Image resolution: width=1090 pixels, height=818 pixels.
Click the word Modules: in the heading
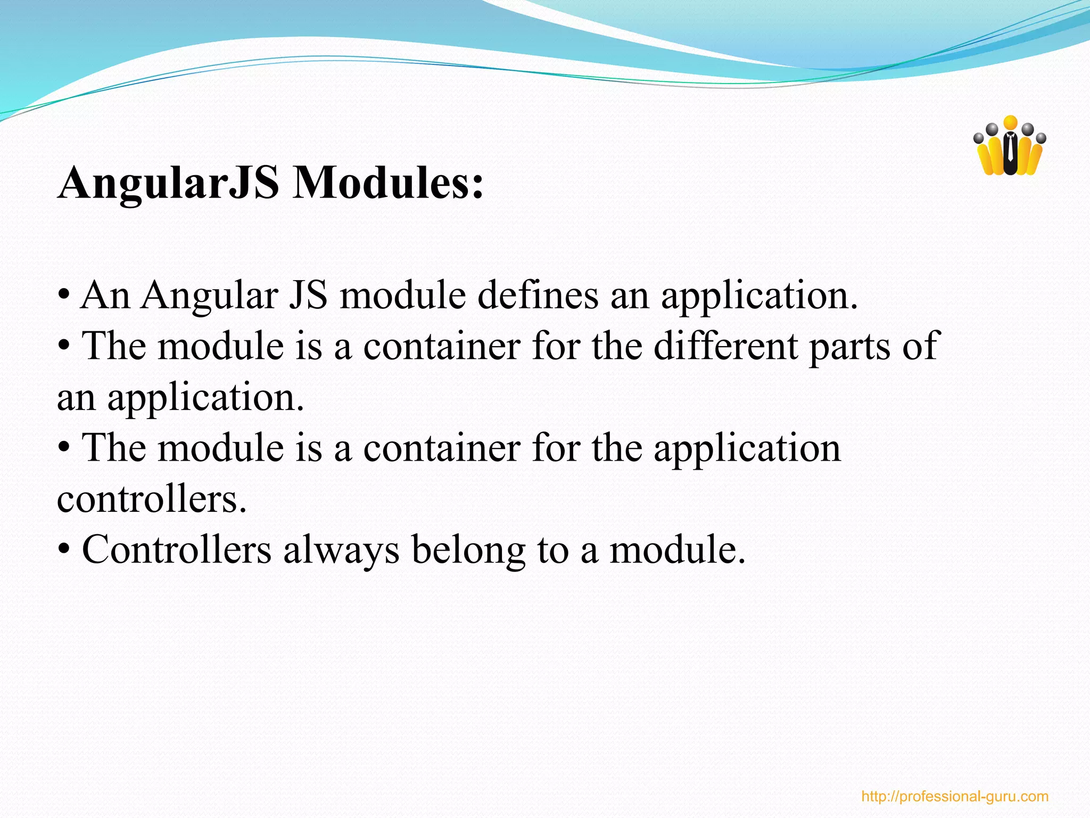coord(389,183)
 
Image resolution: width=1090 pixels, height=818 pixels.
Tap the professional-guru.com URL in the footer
coord(955,797)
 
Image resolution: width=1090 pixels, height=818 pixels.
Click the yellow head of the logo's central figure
coord(1010,122)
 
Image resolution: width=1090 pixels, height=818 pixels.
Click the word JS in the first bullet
coord(308,296)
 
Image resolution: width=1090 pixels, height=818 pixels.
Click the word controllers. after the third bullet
coord(152,500)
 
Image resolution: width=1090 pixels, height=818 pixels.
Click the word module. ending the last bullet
coord(678,550)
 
